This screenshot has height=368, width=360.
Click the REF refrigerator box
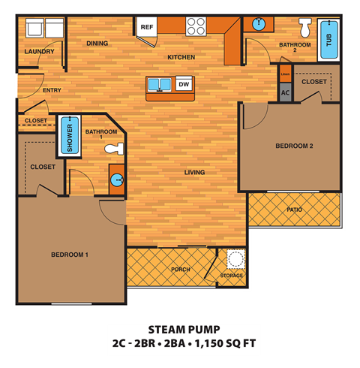click(x=147, y=27)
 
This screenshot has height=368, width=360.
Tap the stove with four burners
click(x=196, y=26)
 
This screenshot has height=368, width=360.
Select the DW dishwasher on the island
click(x=183, y=85)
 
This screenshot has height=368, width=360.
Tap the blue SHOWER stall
click(x=70, y=135)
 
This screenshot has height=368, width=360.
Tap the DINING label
click(x=97, y=44)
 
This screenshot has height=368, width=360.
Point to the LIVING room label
click(x=195, y=172)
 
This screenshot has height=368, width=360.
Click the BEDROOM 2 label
click(x=294, y=146)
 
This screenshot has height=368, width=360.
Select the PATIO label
click(x=295, y=210)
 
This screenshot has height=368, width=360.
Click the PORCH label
click(x=180, y=270)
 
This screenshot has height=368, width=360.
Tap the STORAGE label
click(x=232, y=276)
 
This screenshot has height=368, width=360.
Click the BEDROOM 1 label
click(x=70, y=255)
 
